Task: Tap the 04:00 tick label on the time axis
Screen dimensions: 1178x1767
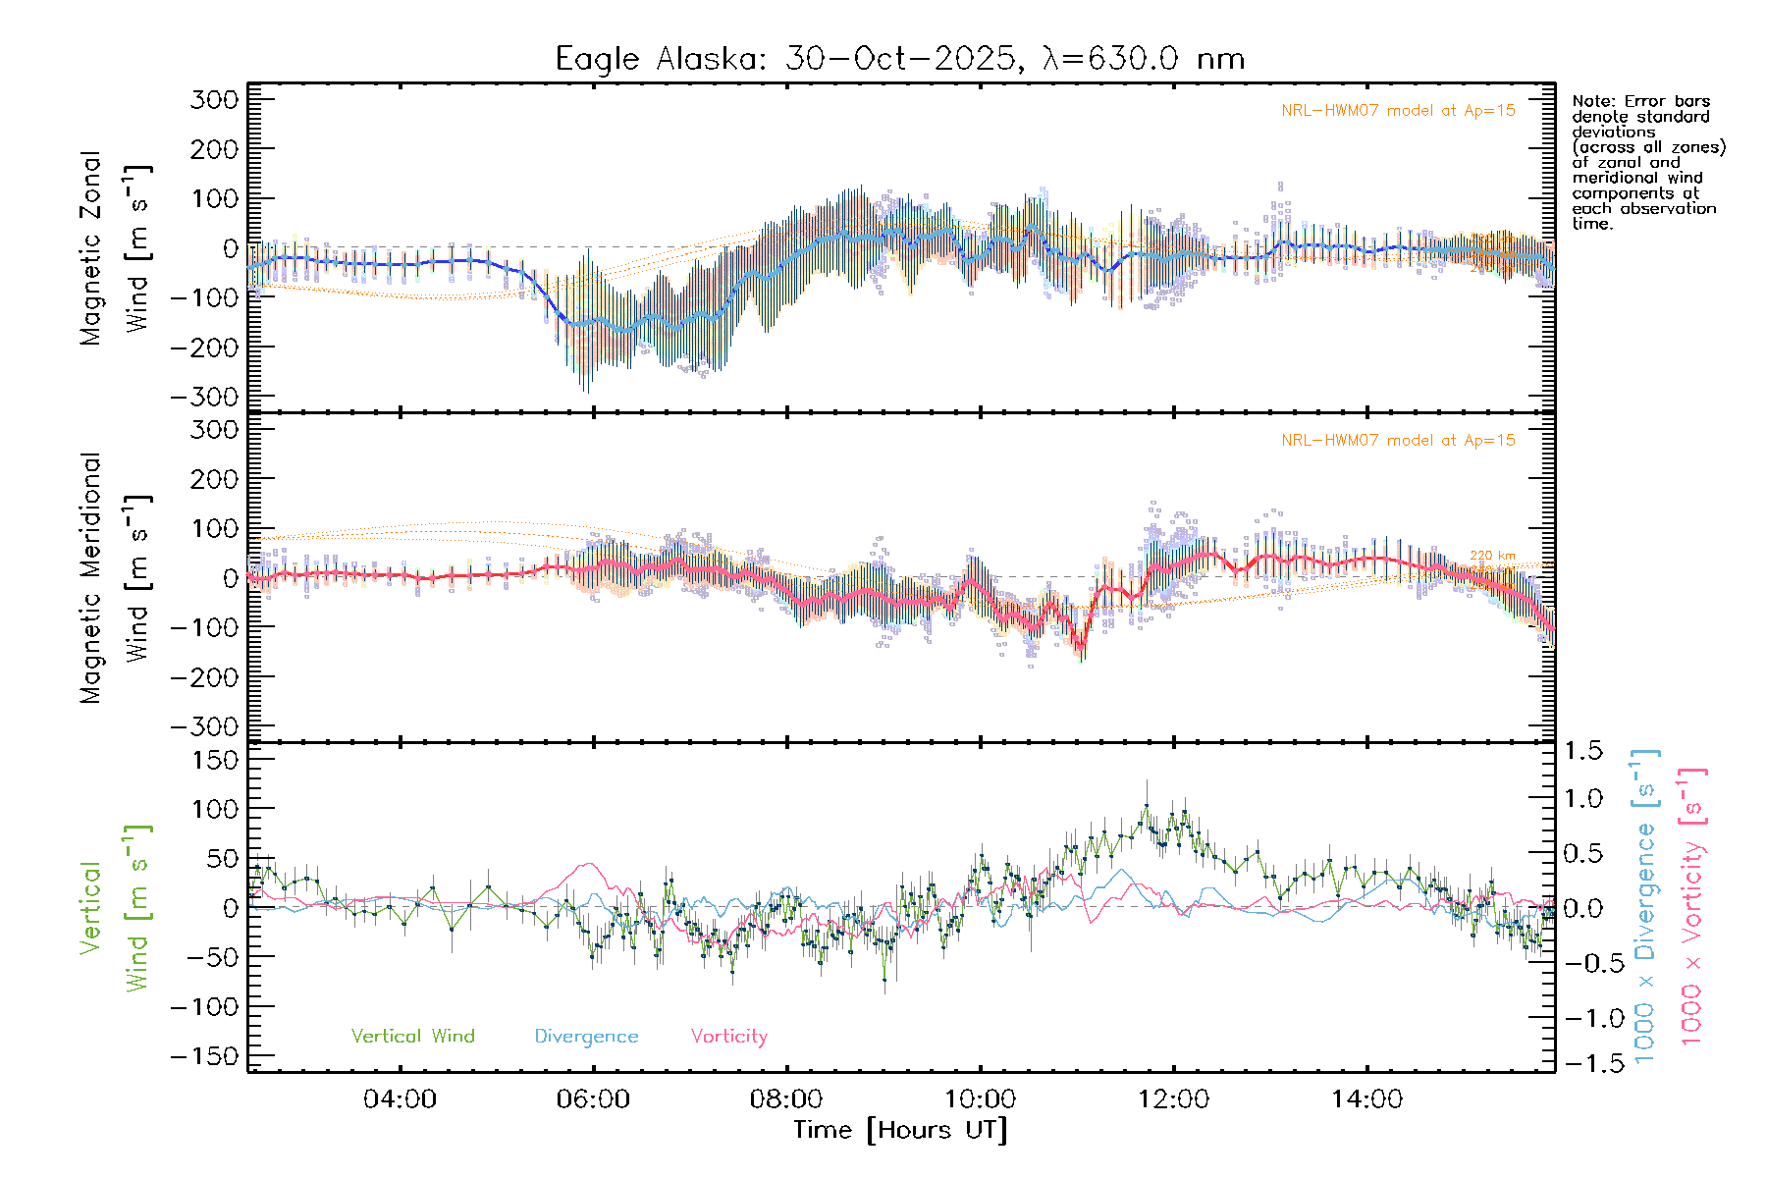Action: point(400,1098)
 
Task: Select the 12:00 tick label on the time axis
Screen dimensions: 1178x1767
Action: point(1173,1098)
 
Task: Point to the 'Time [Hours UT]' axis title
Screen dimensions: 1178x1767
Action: point(899,1130)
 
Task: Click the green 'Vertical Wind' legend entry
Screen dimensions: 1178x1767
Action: point(412,1036)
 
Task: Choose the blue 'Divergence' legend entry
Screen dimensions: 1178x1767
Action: point(586,1036)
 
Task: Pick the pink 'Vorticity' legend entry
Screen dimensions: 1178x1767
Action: point(728,1036)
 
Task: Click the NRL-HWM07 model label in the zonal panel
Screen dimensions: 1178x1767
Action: point(1398,111)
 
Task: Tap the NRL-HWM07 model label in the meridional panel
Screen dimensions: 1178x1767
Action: point(1398,441)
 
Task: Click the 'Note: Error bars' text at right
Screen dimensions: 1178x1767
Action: point(1640,101)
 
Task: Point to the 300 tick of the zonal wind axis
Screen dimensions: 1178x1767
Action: point(215,99)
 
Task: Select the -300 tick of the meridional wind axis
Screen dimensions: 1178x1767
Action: point(205,726)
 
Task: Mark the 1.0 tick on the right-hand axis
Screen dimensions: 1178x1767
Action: point(1583,798)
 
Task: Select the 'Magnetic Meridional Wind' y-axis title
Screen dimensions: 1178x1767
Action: point(114,578)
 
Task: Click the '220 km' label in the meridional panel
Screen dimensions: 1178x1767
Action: point(1492,556)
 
